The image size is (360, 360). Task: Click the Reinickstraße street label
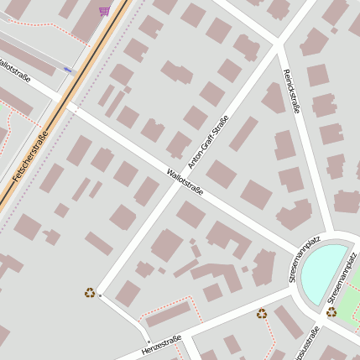pyautogui.click(x=292, y=90)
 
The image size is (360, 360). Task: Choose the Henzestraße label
pyautogui.click(x=161, y=344)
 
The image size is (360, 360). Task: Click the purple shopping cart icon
pyautogui.click(x=104, y=11)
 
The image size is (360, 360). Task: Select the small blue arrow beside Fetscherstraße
pyautogui.click(x=68, y=70)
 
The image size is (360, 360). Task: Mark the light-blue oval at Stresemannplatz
pyautogui.click(x=322, y=274)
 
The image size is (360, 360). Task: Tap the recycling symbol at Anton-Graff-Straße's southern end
pyautogui.click(x=90, y=292)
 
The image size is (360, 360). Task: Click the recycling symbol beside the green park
pyautogui.click(x=331, y=311)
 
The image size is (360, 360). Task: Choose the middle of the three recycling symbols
pyautogui.click(x=262, y=313)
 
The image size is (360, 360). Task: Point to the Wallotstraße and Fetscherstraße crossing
pyautogui.click(x=72, y=107)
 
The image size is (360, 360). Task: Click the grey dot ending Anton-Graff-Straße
pyautogui.click(x=100, y=295)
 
